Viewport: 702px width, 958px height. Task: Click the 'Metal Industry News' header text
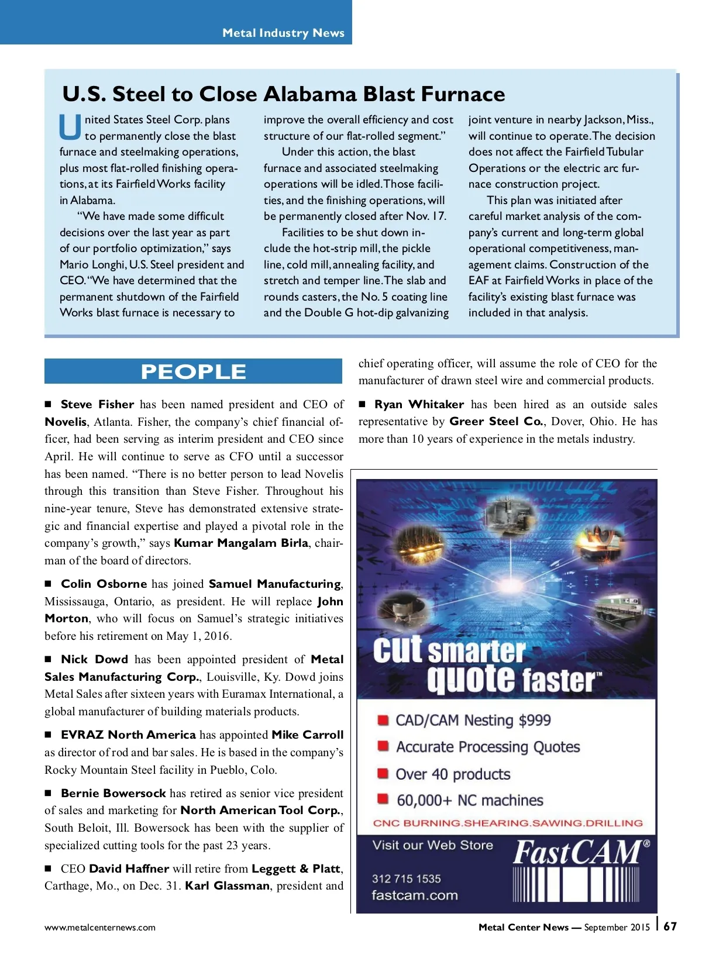click(x=283, y=33)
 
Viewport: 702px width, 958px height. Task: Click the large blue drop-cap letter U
click(x=70, y=127)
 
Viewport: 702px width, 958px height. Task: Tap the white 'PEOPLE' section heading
click(x=193, y=372)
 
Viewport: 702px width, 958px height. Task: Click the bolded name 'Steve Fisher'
click(x=98, y=404)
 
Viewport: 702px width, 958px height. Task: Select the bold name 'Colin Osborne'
click(x=104, y=584)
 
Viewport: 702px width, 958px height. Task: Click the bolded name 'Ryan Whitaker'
click(x=419, y=404)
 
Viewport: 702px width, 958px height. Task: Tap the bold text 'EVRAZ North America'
click(x=128, y=735)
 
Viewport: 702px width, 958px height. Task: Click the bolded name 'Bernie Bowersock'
click(x=113, y=793)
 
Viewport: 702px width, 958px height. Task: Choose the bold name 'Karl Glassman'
click(x=228, y=885)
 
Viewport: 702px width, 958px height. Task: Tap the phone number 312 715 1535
click(x=407, y=878)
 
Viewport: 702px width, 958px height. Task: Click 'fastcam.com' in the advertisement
click(x=415, y=895)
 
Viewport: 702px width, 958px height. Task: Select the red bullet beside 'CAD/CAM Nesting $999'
click(x=383, y=719)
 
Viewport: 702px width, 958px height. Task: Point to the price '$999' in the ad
click(x=534, y=720)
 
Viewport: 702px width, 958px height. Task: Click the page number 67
click(x=670, y=926)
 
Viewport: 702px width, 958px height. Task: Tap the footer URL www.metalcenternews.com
click(x=100, y=927)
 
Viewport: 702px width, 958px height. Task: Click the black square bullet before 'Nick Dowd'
click(x=49, y=659)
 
